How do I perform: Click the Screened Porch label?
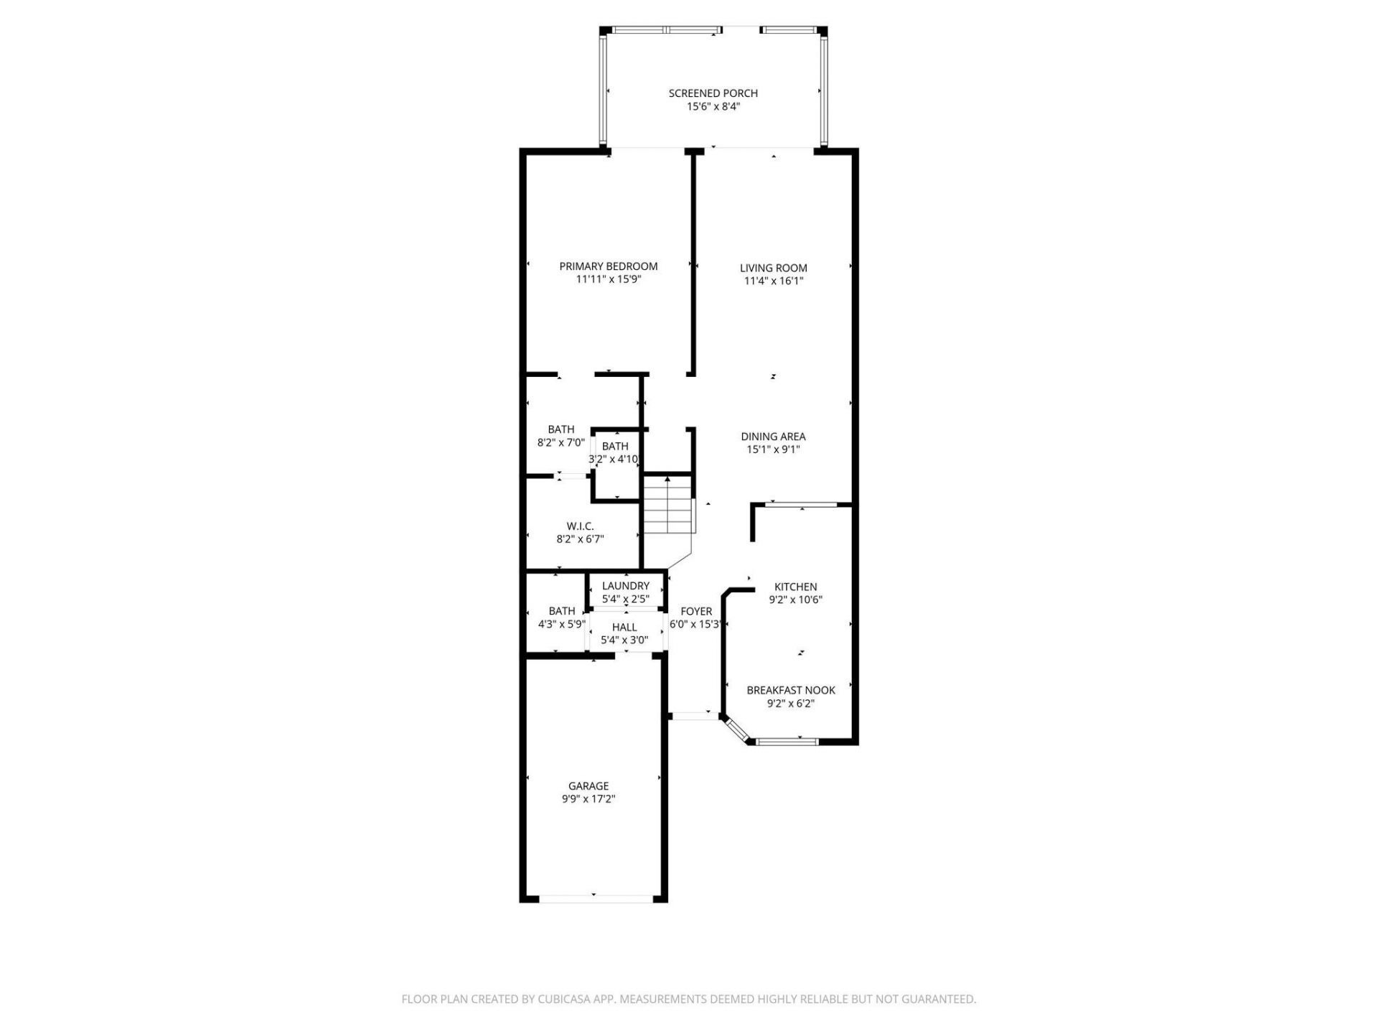[x=713, y=93]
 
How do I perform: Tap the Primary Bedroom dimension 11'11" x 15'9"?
[x=608, y=280]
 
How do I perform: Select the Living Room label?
[x=773, y=269]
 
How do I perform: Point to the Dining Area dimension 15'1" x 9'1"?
[x=773, y=450]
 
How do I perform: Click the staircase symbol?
[x=668, y=506]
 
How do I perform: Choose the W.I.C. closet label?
[x=580, y=526]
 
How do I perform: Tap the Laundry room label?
[x=625, y=586]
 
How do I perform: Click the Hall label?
[x=624, y=628]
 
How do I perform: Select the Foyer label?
[x=695, y=612]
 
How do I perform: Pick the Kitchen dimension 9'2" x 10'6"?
[x=795, y=600]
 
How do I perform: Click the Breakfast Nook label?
[x=791, y=691]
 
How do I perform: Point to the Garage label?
[x=589, y=786]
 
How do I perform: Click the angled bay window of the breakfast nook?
[x=736, y=730]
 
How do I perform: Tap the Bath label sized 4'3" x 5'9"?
[x=561, y=612]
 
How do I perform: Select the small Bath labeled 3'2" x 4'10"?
[x=615, y=447]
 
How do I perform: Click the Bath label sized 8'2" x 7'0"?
[x=561, y=430]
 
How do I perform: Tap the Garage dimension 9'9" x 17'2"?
[x=589, y=799]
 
